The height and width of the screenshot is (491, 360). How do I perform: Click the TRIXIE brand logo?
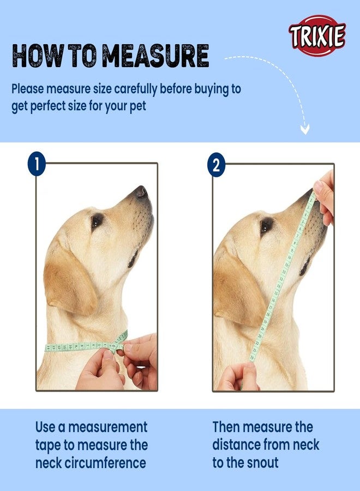click(317, 36)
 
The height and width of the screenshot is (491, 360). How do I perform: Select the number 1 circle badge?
click(37, 165)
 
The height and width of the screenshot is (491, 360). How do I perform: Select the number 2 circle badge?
click(216, 165)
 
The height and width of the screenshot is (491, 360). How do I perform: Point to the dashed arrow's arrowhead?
click(305, 130)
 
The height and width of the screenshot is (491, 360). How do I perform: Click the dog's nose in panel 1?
click(141, 191)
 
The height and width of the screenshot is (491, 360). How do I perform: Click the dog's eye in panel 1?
click(97, 220)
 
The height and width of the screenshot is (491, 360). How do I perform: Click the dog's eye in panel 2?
click(266, 225)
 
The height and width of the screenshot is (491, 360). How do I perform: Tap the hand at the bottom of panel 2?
click(240, 376)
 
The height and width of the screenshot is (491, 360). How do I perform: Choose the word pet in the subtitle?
click(137, 106)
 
